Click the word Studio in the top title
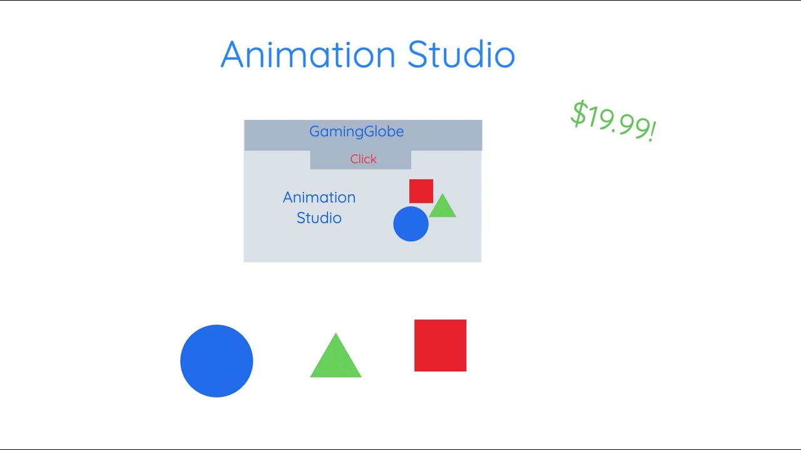[461, 54]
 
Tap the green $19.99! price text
[613, 121]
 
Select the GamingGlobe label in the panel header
[357, 132]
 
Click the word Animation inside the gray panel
[319, 197]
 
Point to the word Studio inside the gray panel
[319, 218]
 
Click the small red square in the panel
[421, 191]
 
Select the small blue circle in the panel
[411, 224]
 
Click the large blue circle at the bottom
[217, 361]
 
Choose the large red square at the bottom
[440, 346]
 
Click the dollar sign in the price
[579, 113]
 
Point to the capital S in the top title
[420, 54]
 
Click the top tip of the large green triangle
[336, 335]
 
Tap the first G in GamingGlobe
[315, 132]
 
